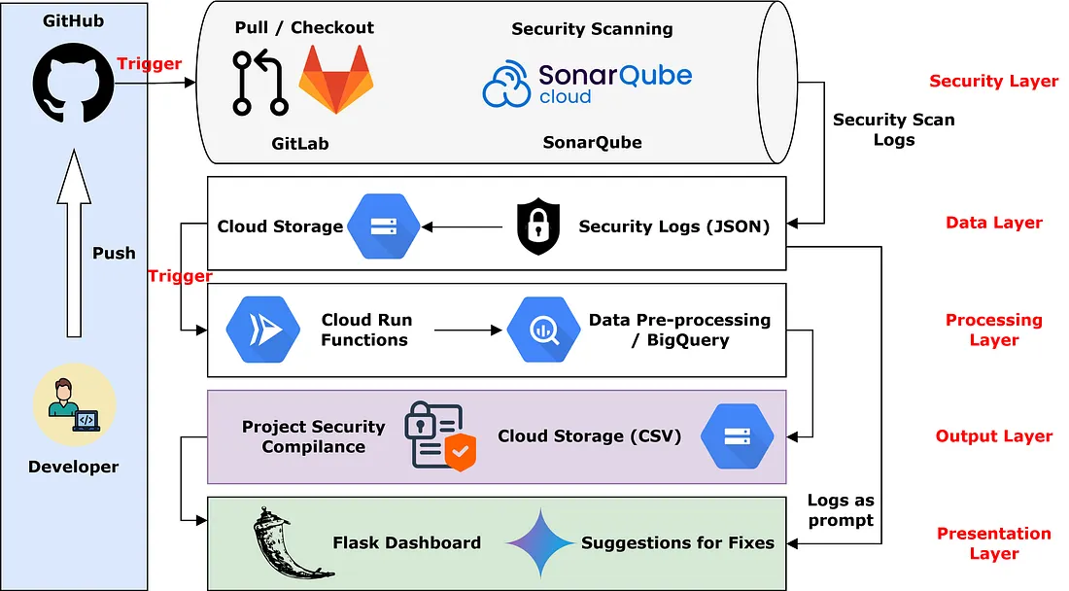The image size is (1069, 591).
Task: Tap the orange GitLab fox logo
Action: tap(336, 80)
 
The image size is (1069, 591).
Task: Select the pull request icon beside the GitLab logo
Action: tap(259, 83)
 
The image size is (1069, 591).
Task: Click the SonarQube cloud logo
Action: tap(587, 83)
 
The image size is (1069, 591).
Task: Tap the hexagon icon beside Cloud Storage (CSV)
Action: tap(736, 436)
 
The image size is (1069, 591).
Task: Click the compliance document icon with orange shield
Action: tap(440, 435)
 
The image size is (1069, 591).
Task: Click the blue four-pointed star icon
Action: tap(539, 542)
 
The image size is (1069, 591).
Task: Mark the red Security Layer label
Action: tap(993, 82)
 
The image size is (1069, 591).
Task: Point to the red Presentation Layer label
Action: tap(993, 543)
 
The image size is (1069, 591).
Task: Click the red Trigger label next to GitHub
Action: tap(149, 64)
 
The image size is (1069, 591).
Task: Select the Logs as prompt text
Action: tap(841, 510)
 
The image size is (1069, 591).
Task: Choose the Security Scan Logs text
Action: tap(893, 129)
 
